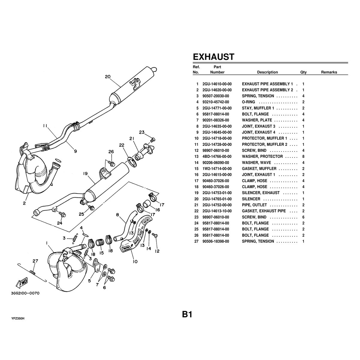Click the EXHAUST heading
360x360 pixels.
point(213,57)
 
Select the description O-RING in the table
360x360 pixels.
point(248,102)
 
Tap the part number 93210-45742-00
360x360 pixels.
point(216,102)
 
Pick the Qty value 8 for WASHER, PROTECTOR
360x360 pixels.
point(303,157)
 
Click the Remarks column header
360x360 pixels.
point(329,72)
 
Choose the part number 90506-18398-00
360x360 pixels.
point(216,241)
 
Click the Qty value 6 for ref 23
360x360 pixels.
point(303,217)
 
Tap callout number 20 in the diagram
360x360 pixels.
point(108,76)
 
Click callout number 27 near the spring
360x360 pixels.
point(35,261)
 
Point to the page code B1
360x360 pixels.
point(187,314)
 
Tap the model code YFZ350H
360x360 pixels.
point(18,318)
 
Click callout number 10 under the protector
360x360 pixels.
point(135,262)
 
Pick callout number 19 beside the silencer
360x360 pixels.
point(85,173)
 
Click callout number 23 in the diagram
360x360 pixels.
point(142,132)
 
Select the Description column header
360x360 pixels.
point(267,72)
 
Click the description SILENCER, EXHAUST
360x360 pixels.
point(261,193)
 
